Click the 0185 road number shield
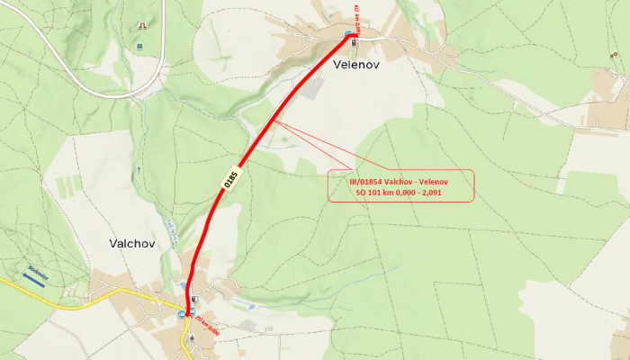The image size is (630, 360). [231, 178]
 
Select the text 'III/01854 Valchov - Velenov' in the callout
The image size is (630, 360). [400, 181]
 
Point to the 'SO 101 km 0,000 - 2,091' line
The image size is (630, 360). [400, 192]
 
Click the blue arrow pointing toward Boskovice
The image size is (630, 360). [31, 279]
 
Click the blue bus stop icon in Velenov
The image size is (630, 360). [348, 34]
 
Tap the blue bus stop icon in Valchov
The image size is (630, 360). [182, 314]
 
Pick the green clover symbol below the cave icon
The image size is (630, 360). [139, 46]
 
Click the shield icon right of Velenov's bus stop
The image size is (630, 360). [355, 41]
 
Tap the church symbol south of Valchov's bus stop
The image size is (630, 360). [191, 337]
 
